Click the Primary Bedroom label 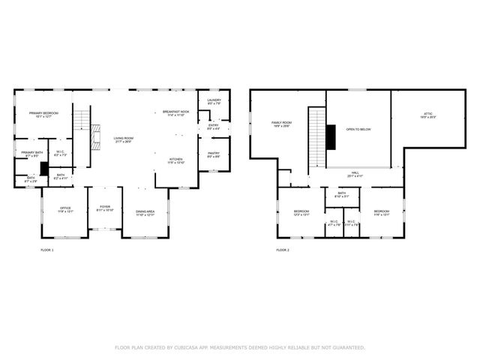(x=44, y=114)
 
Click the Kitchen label (x=175, y=160)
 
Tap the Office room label (x=65, y=209)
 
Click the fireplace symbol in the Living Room (x=94, y=138)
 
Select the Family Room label (x=281, y=124)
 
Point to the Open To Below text (x=358, y=129)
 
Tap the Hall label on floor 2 (x=355, y=174)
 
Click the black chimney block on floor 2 (x=331, y=136)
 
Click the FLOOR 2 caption (x=282, y=250)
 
